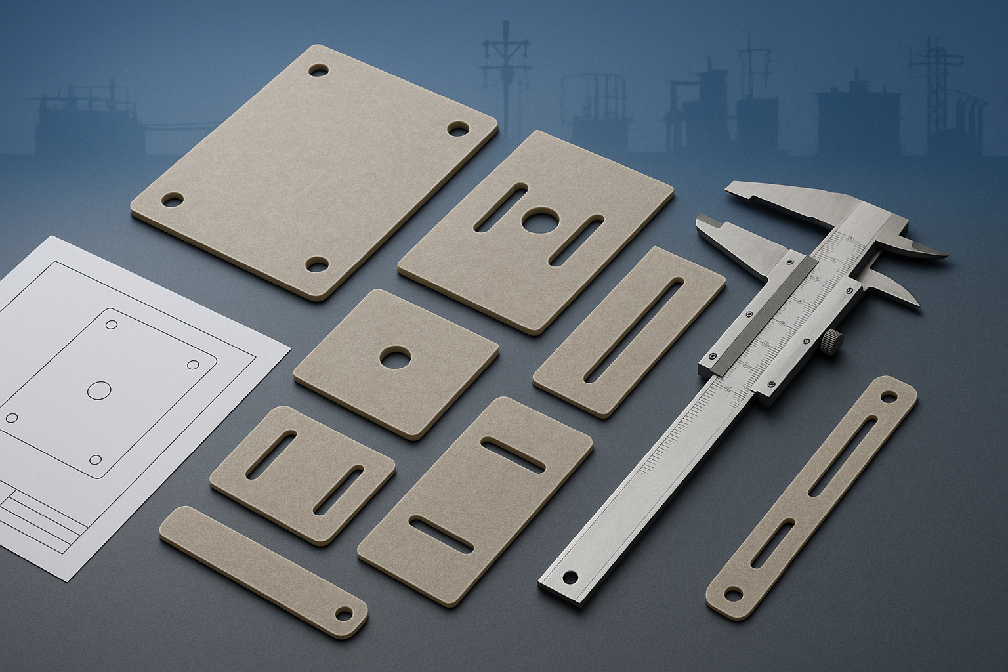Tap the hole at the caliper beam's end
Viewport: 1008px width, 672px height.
tap(568, 577)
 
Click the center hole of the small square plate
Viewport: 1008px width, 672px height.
tap(394, 358)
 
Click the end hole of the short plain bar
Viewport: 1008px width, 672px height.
tap(343, 613)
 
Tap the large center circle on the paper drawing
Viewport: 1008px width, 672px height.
tap(100, 391)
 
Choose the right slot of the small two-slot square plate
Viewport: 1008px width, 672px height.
tap(339, 490)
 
